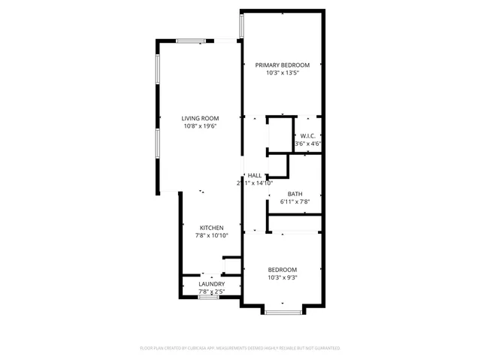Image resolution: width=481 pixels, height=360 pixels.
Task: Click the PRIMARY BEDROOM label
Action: (x=282, y=65)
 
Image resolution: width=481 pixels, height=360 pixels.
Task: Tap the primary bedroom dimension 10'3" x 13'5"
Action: (x=282, y=73)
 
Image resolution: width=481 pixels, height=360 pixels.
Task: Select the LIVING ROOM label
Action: (x=200, y=119)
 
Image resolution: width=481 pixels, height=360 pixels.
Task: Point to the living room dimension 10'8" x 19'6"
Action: (x=200, y=126)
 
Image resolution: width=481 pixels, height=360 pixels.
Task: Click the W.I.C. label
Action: (x=307, y=136)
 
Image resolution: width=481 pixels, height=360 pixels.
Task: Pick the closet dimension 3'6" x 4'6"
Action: (x=307, y=144)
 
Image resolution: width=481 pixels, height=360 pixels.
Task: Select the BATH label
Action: (x=295, y=193)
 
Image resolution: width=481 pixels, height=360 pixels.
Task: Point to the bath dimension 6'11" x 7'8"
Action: (x=295, y=201)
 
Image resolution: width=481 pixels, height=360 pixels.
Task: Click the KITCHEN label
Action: (x=211, y=228)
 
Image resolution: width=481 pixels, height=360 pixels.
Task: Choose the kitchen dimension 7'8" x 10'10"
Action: (x=211, y=235)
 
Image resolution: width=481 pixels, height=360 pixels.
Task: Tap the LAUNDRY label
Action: (x=211, y=283)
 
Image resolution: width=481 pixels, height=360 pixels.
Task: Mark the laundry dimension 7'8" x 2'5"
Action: (x=211, y=291)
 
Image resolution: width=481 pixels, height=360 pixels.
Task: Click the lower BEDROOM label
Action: (x=283, y=270)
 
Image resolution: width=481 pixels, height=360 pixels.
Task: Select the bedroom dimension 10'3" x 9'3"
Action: (x=283, y=277)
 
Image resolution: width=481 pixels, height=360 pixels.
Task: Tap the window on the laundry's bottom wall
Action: (x=208, y=298)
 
